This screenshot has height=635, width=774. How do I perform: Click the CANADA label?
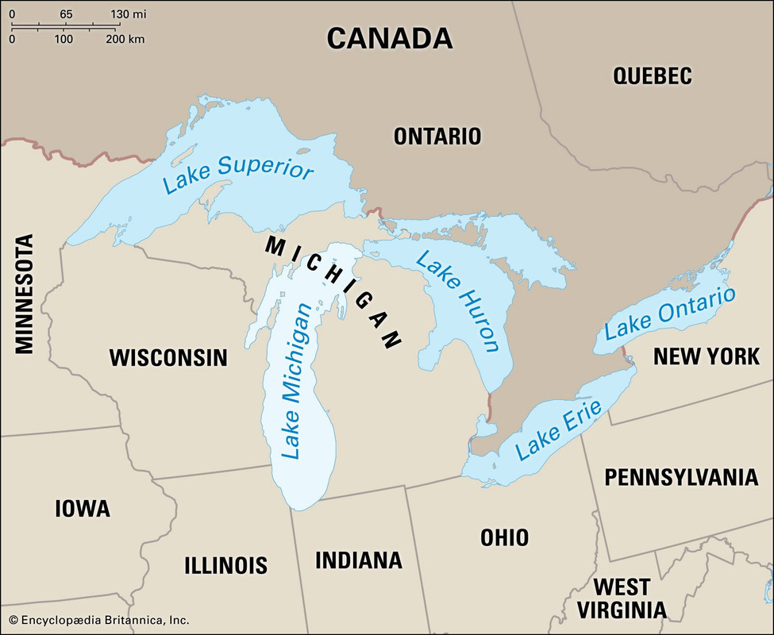pyautogui.click(x=390, y=38)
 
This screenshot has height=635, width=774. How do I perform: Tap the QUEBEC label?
pyautogui.click(x=653, y=76)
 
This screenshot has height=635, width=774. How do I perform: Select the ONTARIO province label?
pyautogui.click(x=437, y=136)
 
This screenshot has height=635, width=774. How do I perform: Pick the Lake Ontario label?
pyautogui.click(x=670, y=314)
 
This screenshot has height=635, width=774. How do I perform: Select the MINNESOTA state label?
pyautogui.click(x=25, y=294)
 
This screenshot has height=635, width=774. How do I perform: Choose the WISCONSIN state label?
pyautogui.click(x=168, y=358)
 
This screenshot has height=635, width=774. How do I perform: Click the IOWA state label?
pyautogui.click(x=83, y=509)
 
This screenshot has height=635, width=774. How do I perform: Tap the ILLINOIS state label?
pyautogui.click(x=225, y=565)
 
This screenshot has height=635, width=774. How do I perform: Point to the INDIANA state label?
pyautogui.click(x=359, y=560)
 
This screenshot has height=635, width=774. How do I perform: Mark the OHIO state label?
pyautogui.click(x=504, y=537)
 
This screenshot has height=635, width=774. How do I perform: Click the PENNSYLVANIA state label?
pyautogui.click(x=681, y=477)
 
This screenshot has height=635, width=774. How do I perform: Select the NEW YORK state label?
pyautogui.click(x=707, y=356)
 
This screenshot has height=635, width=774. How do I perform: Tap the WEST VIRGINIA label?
pyautogui.click(x=622, y=598)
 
